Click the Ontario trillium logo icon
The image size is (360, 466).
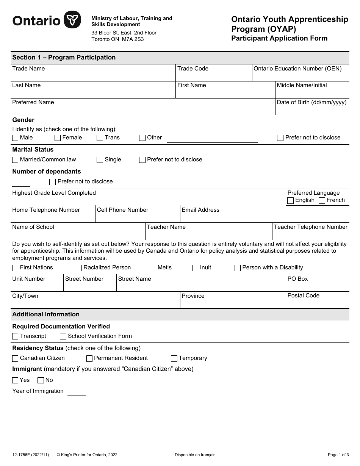(72, 20)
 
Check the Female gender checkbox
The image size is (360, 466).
(58, 138)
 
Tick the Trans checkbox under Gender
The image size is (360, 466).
(100, 138)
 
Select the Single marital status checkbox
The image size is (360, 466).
(100, 160)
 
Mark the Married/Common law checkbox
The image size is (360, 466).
(15, 160)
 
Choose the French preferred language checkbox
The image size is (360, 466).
(322, 201)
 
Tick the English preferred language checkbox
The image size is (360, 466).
(291, 201)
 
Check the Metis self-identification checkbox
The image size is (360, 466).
(153, 268)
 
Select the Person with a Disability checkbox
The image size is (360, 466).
(238, 268)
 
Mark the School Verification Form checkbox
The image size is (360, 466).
(63, 336)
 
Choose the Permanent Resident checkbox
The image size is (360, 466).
(89, 358)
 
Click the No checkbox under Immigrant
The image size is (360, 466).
(41, 380)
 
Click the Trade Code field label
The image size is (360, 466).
(193, 69)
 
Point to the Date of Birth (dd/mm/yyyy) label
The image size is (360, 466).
(311, 102)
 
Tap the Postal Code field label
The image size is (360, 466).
(303, 296)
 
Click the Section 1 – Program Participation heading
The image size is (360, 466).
(64, 58)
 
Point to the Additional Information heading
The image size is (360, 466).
(46, 314)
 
